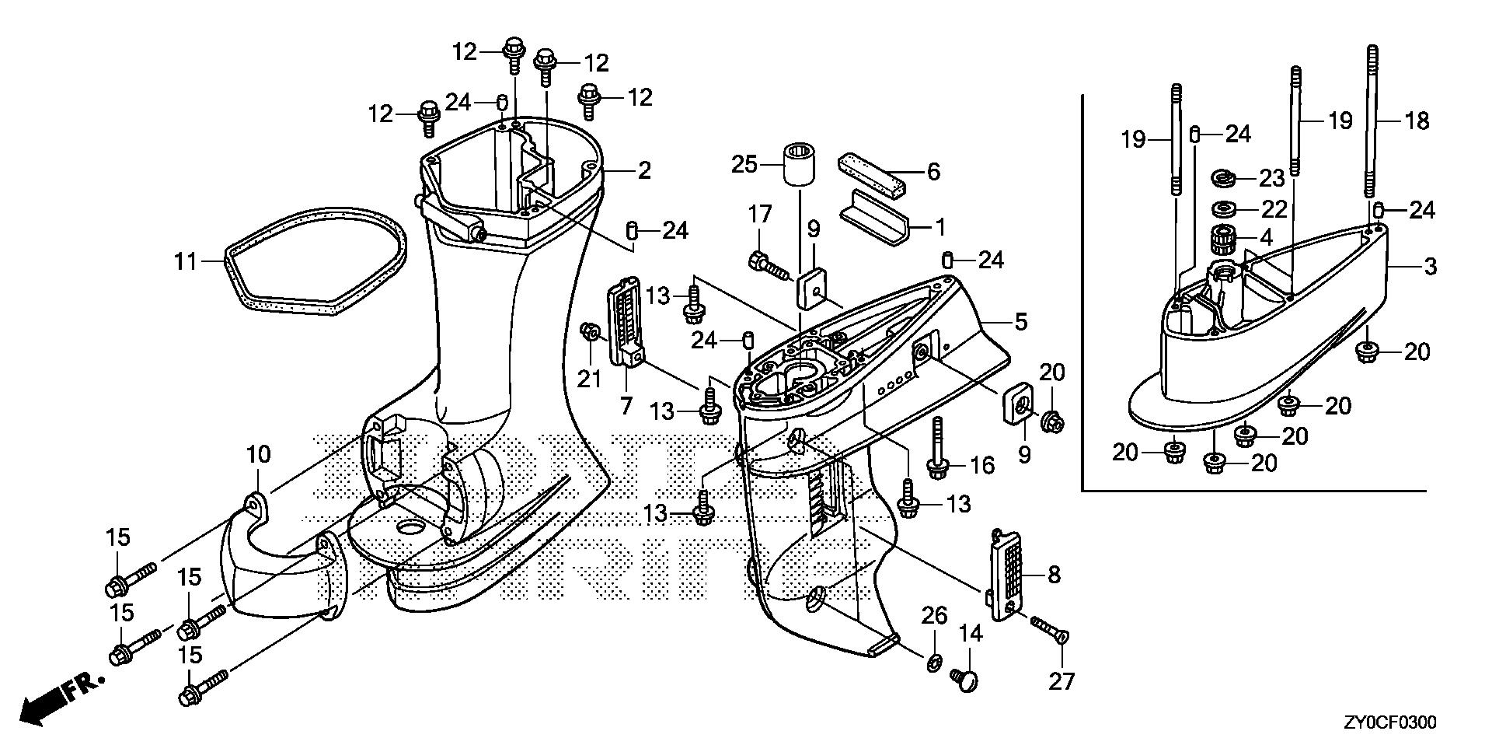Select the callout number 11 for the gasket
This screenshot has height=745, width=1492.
tap(186, 261)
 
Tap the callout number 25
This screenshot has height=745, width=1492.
tap(744, 164)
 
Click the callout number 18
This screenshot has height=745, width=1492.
tap(1417, 121)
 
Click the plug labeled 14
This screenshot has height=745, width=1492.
tap(964, 680)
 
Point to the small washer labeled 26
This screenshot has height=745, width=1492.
tap(933, 662)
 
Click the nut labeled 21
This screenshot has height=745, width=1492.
tap(591, 334)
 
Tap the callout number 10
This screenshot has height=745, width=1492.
tap(259, 453)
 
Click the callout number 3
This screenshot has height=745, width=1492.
tap(1430, 267)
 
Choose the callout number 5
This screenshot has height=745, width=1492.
tap(1020, 320)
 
